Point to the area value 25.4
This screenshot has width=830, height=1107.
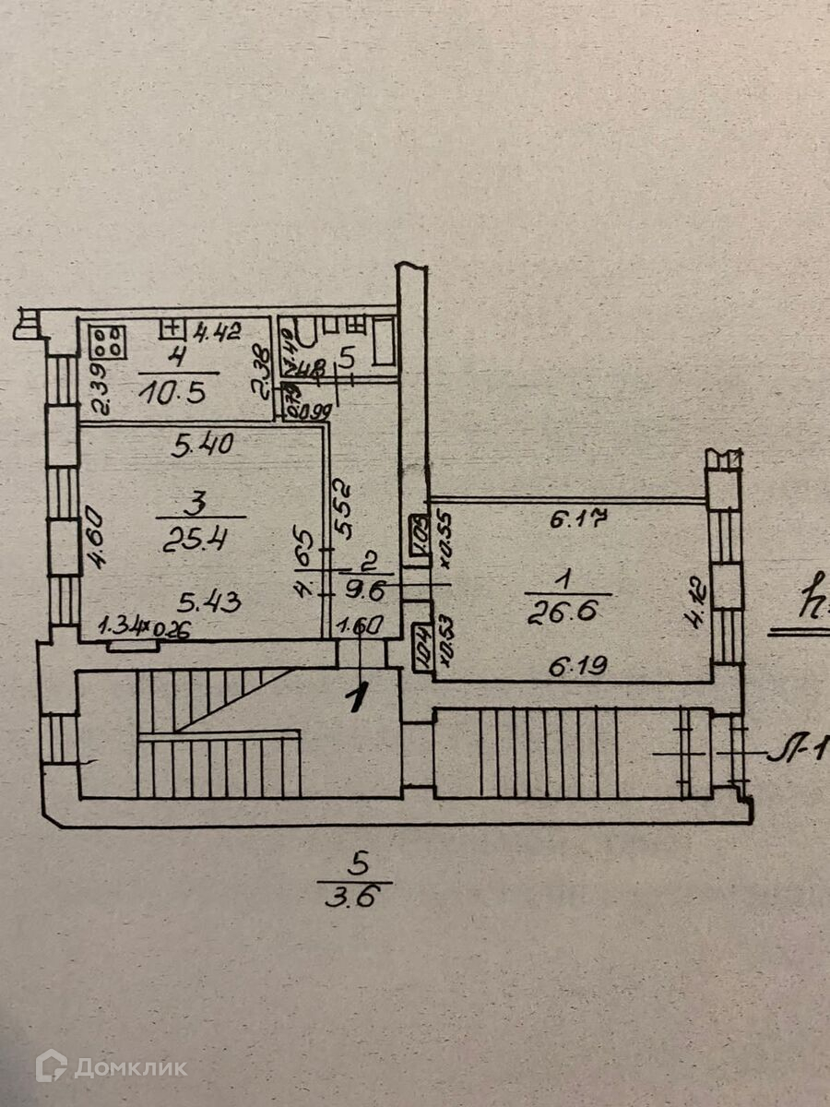(195, 538)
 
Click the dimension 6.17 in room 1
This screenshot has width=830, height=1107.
(577, 519)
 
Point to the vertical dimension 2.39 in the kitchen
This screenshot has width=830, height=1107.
(99, 390)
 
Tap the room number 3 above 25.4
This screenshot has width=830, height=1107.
(193, 504)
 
